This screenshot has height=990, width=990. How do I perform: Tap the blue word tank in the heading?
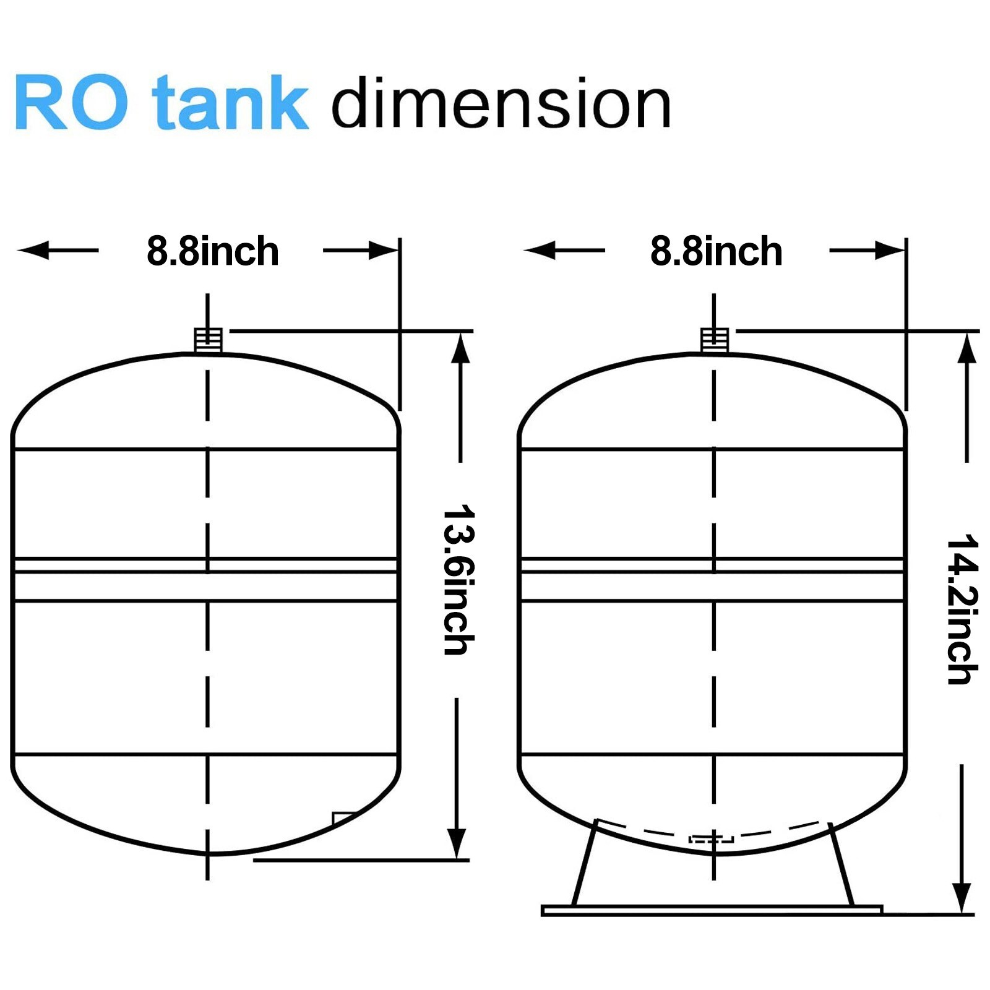tap(230, 102)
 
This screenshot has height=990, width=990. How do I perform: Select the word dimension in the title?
tap(501, 103)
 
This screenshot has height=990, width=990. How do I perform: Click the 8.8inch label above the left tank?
tap(213, 251)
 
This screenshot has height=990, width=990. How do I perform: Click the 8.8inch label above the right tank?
tap(717, 251)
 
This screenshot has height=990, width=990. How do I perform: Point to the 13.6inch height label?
tap(459, 580)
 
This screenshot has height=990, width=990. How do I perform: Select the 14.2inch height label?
tap(963, 609)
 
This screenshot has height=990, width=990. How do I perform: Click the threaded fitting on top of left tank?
tap(208, 340)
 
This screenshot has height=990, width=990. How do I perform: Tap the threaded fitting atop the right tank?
tap(714, 340)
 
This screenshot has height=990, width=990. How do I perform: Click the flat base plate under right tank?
tap(712, 910)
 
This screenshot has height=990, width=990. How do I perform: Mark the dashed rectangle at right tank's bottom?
tap(712, 839)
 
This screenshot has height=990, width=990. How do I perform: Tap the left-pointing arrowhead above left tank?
tap(34, 251)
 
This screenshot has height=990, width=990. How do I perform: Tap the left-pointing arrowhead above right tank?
tap(540, 251)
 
